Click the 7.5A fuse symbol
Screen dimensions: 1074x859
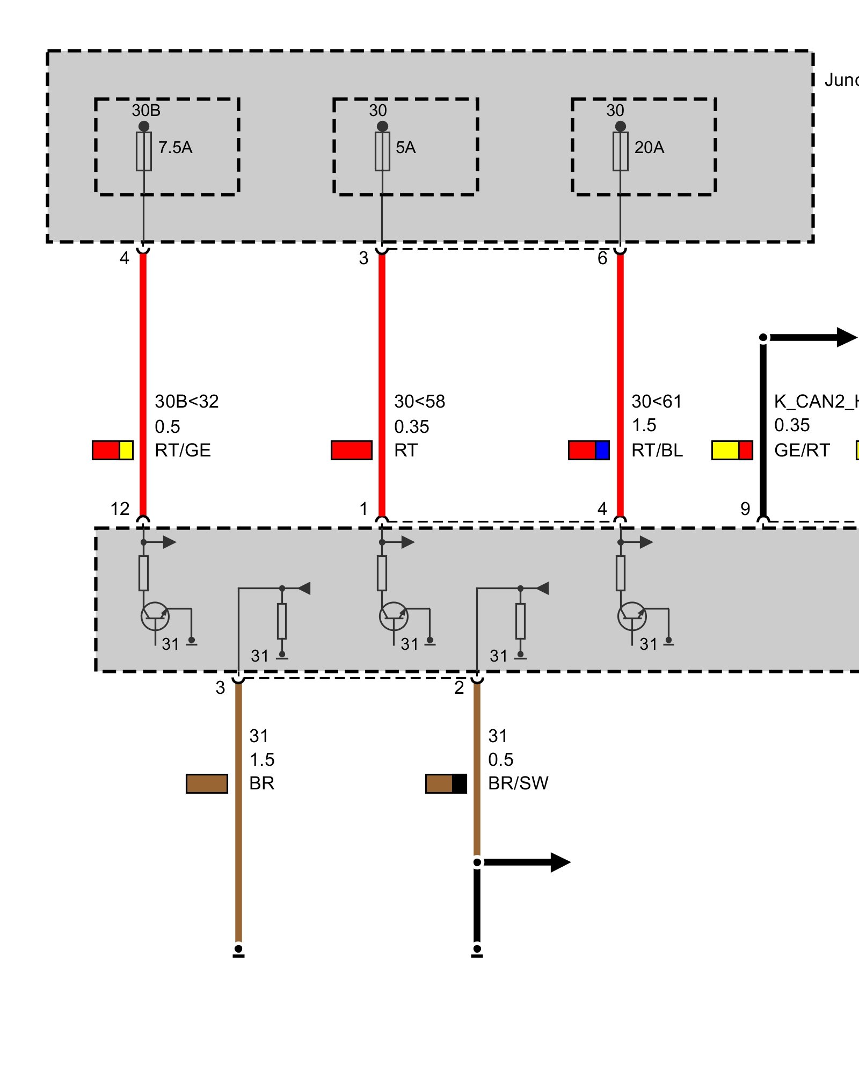click(143, 151)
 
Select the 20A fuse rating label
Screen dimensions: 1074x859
click(649, 148)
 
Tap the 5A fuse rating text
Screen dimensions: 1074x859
click(405, 148)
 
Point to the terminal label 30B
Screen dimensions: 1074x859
click(146, 111)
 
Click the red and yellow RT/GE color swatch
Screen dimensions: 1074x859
click(112, 450)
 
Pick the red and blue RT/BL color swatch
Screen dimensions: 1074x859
click(589, 450)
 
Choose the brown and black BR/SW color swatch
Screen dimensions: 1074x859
click(446, 783)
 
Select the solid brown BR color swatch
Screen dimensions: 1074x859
click(207, 783)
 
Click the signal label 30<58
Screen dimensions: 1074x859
click(419, 402)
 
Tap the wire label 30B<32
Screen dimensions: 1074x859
click(186, 402)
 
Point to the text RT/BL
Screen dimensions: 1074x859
click(657, 451)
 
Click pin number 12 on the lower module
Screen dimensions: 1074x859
click(120, 509)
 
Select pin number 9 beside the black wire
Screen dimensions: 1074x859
click(745, 509)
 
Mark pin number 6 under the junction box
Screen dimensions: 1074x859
click(602, 258)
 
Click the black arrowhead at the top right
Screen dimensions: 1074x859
click(847, 337)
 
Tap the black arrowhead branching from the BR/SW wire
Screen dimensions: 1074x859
click(560, 862)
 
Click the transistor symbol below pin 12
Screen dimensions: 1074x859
click(155, 616)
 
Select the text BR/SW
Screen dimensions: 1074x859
click(518, 783)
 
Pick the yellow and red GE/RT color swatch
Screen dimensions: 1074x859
click(732, 450)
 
